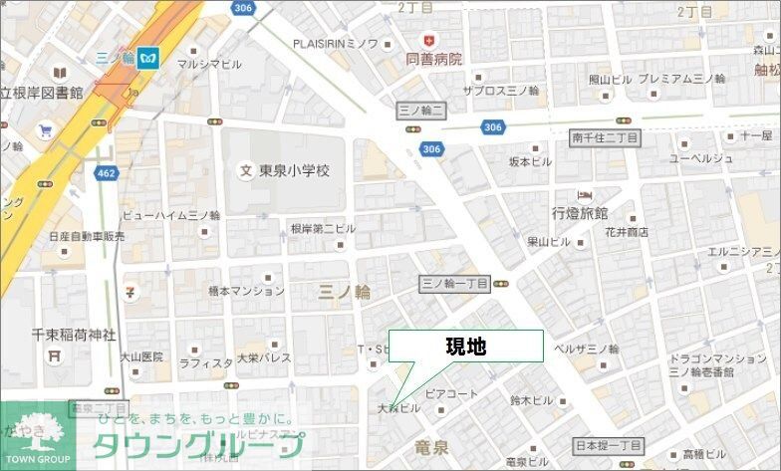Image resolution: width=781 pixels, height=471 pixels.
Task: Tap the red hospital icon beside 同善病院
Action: [x=429, y=39]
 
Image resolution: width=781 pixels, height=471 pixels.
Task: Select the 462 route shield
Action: [x=107, y=173]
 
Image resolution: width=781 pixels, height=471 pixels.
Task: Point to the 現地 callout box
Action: [x=465, y=347]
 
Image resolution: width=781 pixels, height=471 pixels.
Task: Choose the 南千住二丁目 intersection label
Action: [x=605, y=137]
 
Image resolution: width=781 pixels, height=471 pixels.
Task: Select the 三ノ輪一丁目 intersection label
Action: [x=454, y=283]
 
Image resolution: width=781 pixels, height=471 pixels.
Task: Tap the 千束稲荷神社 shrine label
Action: [x=60, y=335]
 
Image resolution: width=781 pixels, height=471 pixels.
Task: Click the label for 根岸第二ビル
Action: [x=323, y=228]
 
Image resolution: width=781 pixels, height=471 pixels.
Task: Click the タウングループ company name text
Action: [x=199, y=445]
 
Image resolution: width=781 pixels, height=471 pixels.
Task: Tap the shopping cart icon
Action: [x=45, y=130]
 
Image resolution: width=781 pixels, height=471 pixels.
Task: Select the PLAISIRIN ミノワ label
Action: [x=349, y=43]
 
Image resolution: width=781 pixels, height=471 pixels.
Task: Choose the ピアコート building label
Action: [x=451, y=394]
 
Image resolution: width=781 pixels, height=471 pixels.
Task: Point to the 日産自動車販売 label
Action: [x=87, y=237]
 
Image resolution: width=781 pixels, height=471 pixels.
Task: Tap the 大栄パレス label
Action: [x=263, y=357]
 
